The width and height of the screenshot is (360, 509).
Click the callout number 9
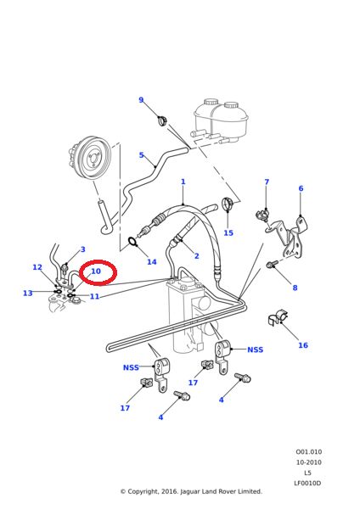click(x=141, y=100)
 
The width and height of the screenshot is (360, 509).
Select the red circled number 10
click(x=96, y=271)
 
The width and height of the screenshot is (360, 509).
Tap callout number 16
click(x=303, y=345)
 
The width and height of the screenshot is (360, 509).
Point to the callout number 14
click(x=152, y=262)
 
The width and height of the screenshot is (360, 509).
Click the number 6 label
click(x=301, y=188)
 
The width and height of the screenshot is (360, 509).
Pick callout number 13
click(x=28, y=294)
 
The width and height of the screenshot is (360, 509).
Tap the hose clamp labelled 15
click(x=228, y=204)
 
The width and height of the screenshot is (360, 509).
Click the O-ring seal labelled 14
click(x=132, y=241)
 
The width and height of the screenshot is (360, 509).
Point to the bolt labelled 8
click(x=272, y=264)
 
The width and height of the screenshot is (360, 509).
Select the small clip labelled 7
click(x=262, y=215)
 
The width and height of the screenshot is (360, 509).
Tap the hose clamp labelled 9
click(x=162, y=120)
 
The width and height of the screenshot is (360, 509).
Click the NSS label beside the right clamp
click(x=255, y=350)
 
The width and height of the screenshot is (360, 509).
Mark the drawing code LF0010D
click(x=307, y=483)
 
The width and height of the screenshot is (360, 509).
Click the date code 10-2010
click(x=309, y=462)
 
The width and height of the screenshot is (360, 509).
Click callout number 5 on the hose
click(x=141, y=155)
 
